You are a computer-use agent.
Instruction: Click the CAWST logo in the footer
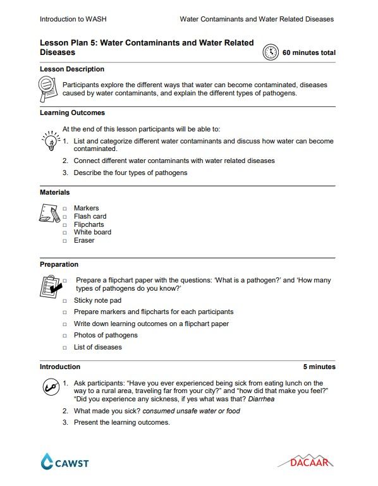64,463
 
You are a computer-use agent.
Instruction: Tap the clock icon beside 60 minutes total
271,52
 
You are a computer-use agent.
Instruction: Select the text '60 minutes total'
308,53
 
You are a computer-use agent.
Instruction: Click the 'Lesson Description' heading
72,69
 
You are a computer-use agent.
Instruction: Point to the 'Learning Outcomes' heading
72,113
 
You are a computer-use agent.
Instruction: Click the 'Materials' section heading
55,192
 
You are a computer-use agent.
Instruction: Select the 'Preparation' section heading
59,264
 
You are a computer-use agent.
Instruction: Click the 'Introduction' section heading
60,367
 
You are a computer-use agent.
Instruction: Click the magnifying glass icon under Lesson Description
48,88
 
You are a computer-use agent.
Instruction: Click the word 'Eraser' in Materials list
84,240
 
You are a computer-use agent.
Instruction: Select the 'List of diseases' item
97,347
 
